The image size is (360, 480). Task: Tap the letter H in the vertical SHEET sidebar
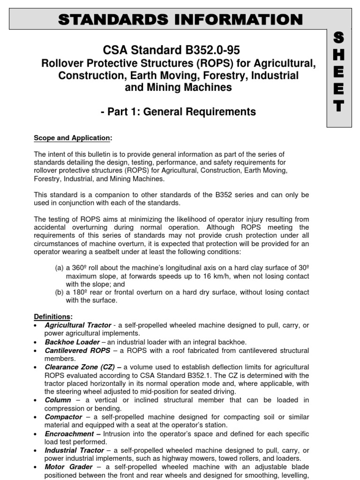tap(340, 56)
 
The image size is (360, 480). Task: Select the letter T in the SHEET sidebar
tap(340, 106)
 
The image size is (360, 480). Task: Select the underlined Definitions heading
tap(52, 316)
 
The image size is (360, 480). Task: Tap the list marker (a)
tap(60, 268)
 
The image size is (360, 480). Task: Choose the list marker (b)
tap(60, 292)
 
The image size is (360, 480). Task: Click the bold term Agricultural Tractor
tap(78, 325)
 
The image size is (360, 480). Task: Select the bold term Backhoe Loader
tap(72, 342)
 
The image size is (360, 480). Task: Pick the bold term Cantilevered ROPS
tap(77, 350)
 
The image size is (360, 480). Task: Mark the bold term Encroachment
tap(69, 434)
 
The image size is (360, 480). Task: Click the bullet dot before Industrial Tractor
tap(37, 451)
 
